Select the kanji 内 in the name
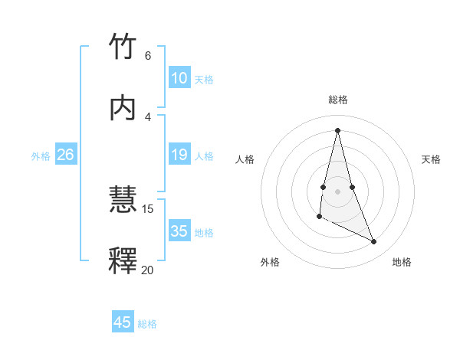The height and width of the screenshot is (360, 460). tap(123, 108)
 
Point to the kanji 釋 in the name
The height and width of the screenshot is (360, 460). tap(123, 261)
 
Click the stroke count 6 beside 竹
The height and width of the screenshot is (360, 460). tap(148, 55)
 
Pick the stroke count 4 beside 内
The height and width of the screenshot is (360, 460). tap(148, 116)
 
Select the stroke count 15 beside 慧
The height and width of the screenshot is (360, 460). tap(148, 208)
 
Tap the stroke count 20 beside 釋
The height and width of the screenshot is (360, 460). tap(148, 270)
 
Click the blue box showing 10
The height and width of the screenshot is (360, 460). tap(179, 78)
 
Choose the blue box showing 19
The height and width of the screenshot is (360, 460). tap(179, 155)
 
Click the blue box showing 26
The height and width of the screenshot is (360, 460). tap(65, 155)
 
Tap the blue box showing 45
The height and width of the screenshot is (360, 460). tap(122, 322)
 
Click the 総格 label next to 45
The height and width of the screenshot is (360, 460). tap(147, 324)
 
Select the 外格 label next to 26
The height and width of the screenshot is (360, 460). tap(41, 156)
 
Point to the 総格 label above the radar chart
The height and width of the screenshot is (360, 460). tap(337, 100)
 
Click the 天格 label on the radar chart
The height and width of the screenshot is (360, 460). tap(431, 159)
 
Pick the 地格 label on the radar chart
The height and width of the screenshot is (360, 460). tap(402, 262)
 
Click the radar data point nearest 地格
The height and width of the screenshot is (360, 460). tap(374, 242)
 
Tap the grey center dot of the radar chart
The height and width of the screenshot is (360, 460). tap(337, 191)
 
